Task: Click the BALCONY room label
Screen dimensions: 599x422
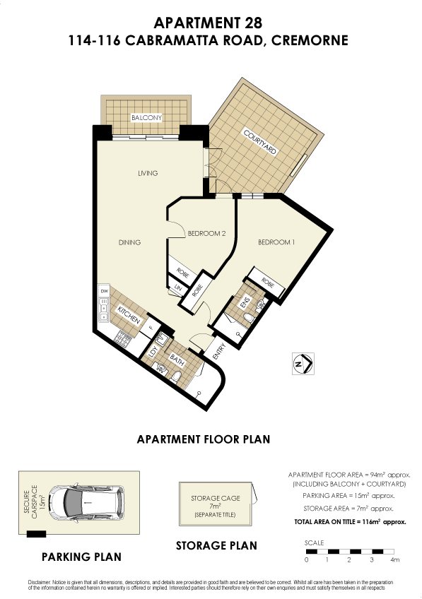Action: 146,117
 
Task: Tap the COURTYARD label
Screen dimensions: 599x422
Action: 260,143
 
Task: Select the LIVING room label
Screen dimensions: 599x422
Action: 147,173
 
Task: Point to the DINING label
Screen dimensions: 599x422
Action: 129,242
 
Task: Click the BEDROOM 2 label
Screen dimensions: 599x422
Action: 206,233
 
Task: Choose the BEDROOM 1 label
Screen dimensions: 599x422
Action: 276,242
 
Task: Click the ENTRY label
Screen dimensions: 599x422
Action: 218,351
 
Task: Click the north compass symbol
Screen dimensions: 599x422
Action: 303,364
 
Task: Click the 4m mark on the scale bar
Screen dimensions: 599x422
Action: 393,559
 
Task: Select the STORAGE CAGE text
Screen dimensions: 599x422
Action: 215,498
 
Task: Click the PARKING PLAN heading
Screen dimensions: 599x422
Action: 81,557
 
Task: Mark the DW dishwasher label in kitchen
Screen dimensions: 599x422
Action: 103,291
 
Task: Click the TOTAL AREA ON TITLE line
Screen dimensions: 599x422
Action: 349,521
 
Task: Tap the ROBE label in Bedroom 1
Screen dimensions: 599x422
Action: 267,280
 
